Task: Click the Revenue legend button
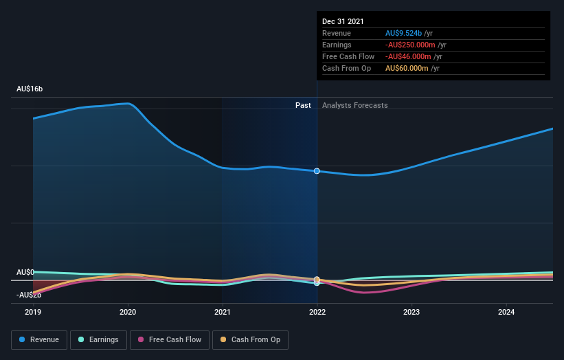coord(39,339)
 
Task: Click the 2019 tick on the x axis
coord(33,312)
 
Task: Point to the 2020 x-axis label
coord(128,312)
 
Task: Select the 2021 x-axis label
coord(223,312)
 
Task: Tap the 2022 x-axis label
coord(317,312)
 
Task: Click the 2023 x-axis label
coord(411,312)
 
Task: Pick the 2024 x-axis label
coord(506,312)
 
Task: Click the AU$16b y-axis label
coord(30,89)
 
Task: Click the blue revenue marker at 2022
coord(317,171)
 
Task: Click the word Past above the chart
coord(303,106)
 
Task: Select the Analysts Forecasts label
coord(354,106)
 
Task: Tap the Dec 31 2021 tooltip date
coord(343,21)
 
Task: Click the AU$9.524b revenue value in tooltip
coord(404,33)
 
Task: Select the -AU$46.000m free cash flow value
coord(407,56)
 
